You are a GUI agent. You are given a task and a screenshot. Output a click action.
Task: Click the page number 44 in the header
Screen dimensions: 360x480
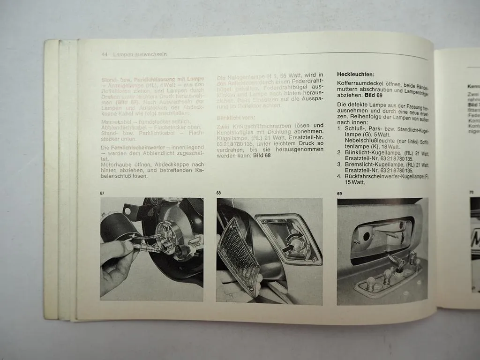(x=105, y=54)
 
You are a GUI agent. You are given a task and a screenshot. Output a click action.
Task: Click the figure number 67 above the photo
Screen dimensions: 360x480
(x=103, y=193)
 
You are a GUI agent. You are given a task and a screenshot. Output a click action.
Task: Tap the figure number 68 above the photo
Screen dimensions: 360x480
(x=219, y=193)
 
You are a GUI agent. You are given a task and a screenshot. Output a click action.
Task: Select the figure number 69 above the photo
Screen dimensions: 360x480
(x=340, y=194)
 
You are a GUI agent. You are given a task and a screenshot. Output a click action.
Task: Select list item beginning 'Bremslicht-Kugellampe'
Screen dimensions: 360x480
(x=382, y=165)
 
